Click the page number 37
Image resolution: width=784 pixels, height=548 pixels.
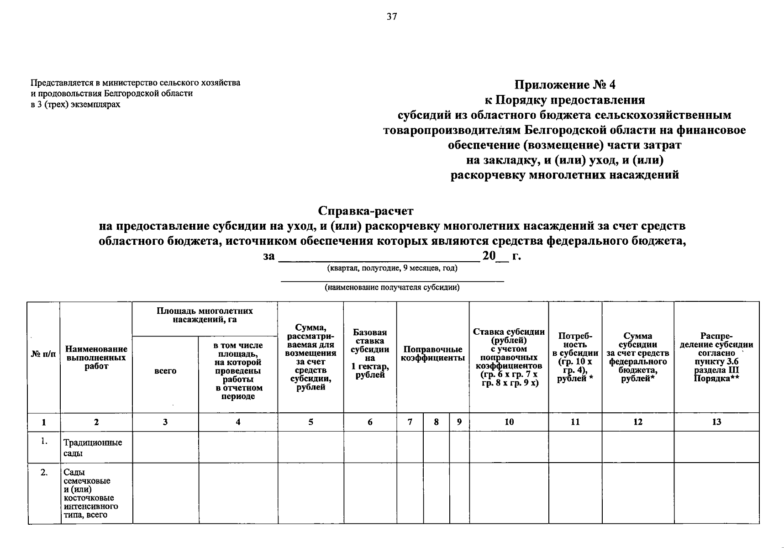(392, 17)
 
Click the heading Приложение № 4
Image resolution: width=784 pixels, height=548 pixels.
(565, 84)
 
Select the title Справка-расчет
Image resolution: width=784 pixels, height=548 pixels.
(365, 211)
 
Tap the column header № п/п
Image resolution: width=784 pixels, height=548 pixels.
(43, 354)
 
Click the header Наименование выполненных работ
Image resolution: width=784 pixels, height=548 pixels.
(96, 358)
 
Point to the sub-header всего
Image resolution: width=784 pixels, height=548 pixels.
(165, 371)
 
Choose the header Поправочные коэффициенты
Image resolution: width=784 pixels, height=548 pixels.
(432, 354)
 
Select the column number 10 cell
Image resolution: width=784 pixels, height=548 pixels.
(509, 422)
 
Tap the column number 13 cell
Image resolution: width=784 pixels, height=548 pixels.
(716, 422)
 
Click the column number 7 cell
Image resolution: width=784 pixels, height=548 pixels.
(410, 422)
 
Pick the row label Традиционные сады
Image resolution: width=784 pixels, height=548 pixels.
(93, 448)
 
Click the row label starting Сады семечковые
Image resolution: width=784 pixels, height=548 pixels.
(90, 493)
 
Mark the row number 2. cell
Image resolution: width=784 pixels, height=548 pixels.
(43, 473)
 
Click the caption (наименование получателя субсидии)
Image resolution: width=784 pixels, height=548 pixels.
(392, 287)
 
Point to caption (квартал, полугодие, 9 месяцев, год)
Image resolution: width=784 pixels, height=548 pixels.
(392, 268)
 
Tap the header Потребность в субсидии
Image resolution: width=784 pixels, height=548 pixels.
(575, 358)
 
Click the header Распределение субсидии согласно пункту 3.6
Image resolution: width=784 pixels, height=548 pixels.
(716, 358)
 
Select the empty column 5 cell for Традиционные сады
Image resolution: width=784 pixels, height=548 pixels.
(310, 447)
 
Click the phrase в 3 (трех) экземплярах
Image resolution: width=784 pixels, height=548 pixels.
(75, 104)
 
